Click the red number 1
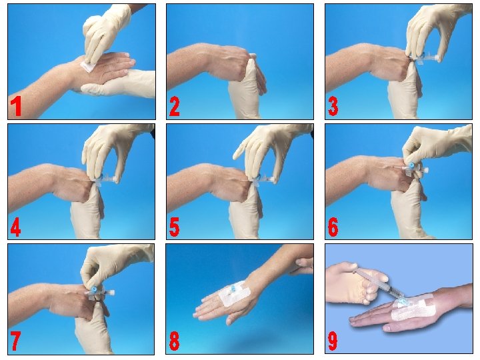(x=15, y=107)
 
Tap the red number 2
(x=174, y=107)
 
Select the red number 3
(x=333, y=107)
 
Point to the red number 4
(x=15, y=227)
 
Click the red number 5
(x=174, y=227)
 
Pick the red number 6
(x=333, y=227)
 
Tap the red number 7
(x=15, y=341)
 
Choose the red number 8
(x=174, y=341)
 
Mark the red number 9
(x=333, y=341)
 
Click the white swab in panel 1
(x=87, y=66)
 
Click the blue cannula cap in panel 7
(x=94, y=288)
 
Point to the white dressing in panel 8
(x=234, y=293)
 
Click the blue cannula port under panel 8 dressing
(x=233, y=289)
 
